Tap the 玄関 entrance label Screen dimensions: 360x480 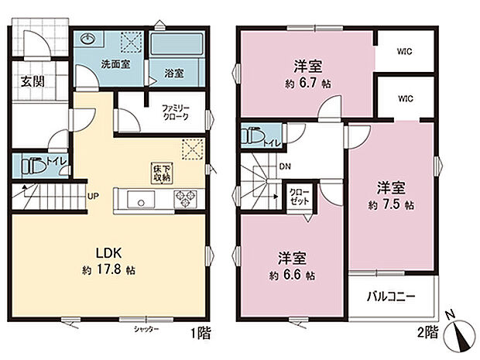31,81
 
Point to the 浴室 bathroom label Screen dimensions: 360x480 173,74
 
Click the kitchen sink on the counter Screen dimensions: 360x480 142,201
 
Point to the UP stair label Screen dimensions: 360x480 91,196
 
